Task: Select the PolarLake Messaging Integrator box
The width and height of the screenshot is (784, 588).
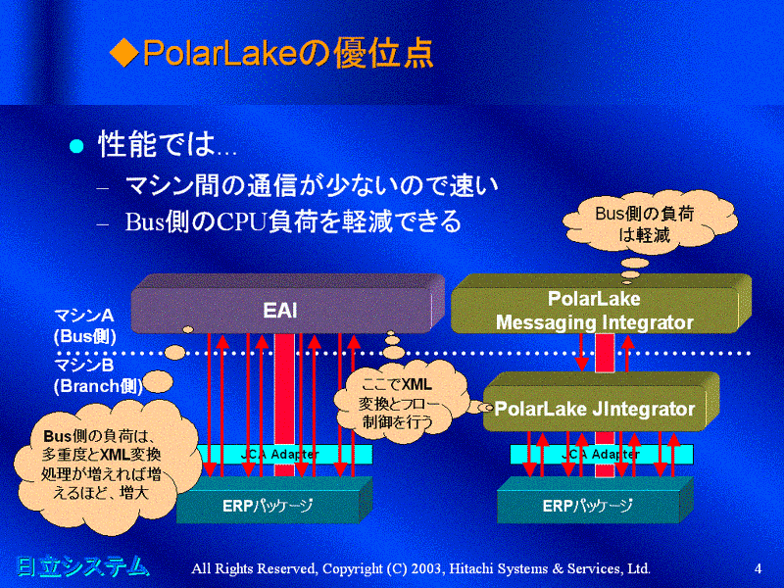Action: (x=594, y=310)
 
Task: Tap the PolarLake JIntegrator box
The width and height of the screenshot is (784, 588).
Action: (x=594, y=409)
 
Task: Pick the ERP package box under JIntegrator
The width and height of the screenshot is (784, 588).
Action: (x=588, y=506)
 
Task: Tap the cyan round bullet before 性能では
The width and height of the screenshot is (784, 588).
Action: (x=76, y=147)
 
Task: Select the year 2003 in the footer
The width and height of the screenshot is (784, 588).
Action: (x=415, y=568)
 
